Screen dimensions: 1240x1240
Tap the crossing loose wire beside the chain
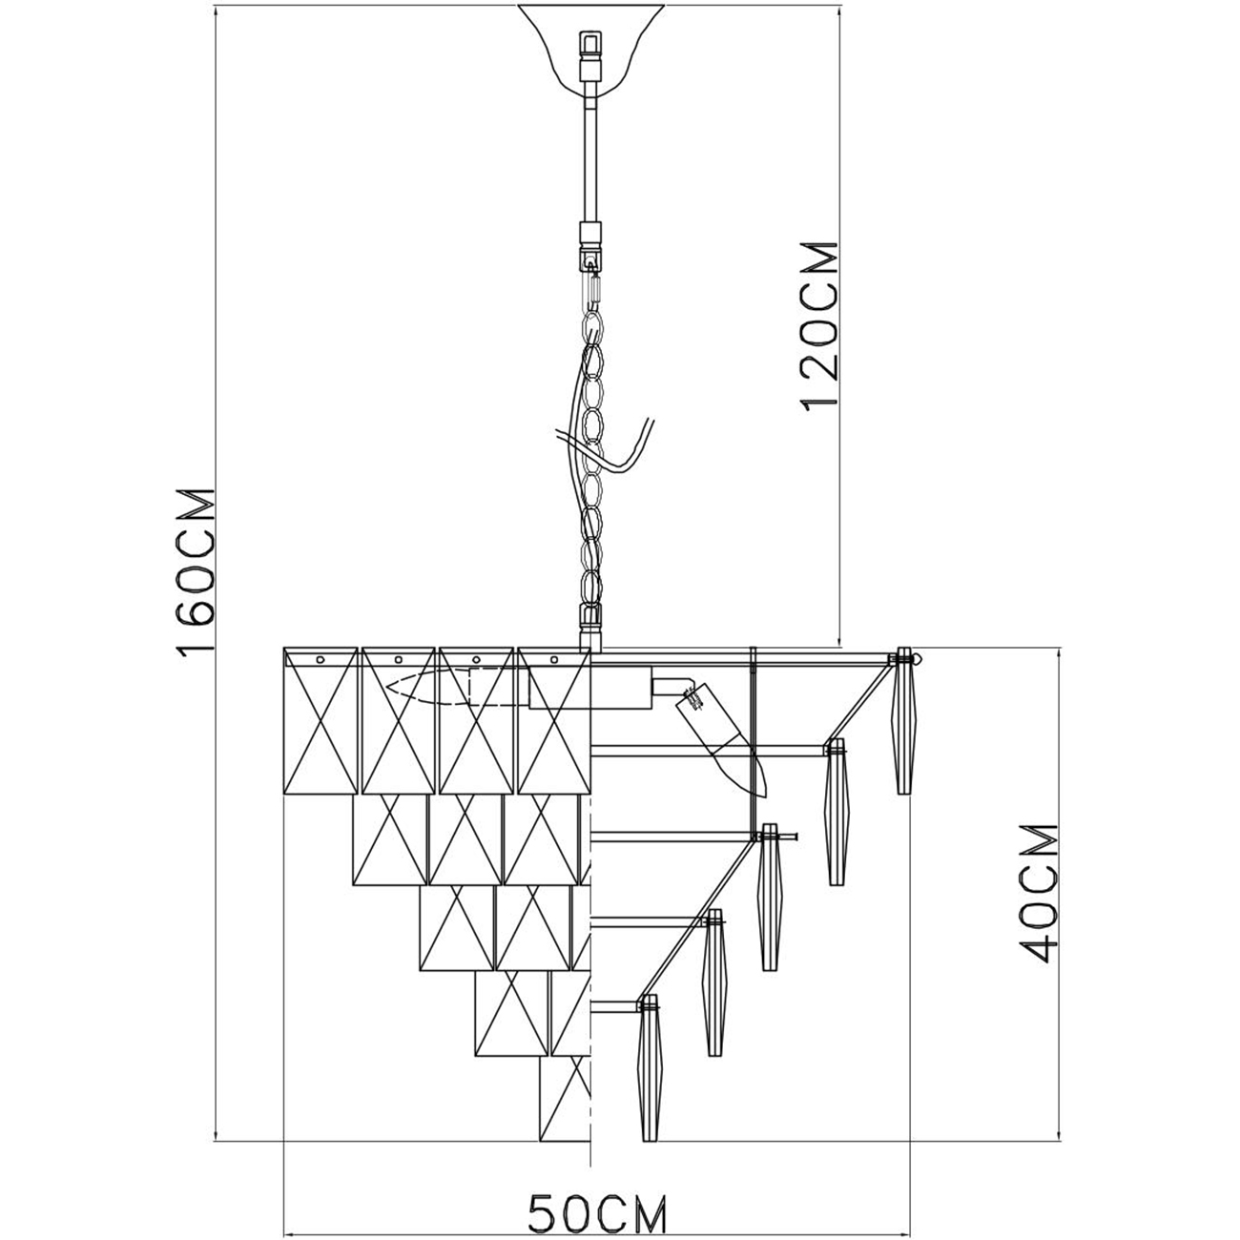620,448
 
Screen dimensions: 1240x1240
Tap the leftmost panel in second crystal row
389,839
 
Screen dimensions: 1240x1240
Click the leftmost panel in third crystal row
455,927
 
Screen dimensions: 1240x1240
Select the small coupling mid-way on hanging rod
591,233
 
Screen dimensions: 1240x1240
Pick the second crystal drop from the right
836,811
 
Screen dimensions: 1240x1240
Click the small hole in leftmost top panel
320,658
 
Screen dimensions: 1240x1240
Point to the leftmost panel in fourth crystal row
511,1013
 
